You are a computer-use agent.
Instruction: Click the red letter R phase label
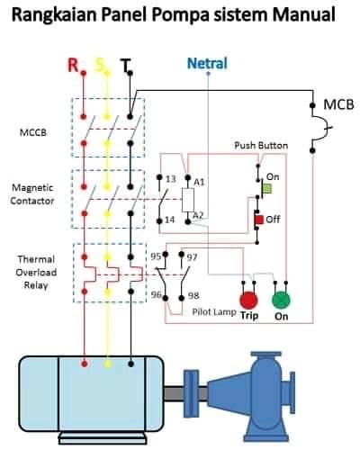pos(73,65)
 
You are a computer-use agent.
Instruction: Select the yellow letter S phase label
pos(100,65)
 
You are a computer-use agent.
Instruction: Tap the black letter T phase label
pos(125,66)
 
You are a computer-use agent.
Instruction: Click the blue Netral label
pos(207,63)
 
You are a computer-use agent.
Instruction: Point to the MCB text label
pos(338,104)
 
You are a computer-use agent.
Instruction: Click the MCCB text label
pos(33,132)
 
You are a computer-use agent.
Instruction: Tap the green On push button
pos(267,189)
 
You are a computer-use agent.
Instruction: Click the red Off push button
pos(259,220)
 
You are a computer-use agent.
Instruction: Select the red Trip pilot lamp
pos(248,301)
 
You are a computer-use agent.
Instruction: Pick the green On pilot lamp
pos(281,301)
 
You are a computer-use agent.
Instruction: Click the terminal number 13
pos(170,179)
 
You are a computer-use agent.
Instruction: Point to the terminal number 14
pos(170,220)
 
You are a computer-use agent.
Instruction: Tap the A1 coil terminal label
pos(199,182)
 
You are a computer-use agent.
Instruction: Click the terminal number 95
pos(156,256)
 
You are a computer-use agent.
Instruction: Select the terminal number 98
pos(193,295)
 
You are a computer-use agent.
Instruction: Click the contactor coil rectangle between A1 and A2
pos(188,200)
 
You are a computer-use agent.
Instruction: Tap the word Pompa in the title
pos(180,15)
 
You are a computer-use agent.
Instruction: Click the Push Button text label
pos(261,146)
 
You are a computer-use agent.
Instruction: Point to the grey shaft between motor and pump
pos(174,393)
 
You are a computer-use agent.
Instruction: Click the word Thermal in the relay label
pos(36,259)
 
